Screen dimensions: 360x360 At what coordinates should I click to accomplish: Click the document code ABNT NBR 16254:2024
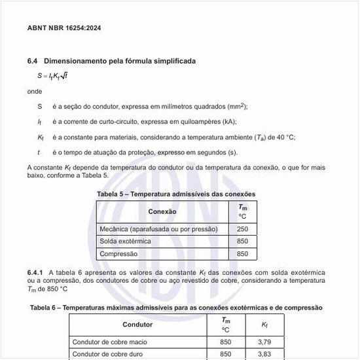tap(64, 28)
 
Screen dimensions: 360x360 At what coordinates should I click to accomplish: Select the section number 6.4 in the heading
tap(33, 61)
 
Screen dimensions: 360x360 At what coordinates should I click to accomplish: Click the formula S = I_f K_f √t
tap(52, 76)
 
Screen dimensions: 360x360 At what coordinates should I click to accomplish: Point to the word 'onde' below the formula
tap(34, 92)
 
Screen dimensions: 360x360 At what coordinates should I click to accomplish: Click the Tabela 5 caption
tap(176, 194)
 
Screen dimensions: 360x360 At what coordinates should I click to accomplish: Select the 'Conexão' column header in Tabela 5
tap(162, 212)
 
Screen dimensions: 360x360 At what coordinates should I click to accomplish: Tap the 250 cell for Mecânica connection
tap(242, 230)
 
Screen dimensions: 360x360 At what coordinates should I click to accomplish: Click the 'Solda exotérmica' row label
tap(125, 242)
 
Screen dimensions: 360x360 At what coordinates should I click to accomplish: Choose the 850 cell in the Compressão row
tap(242, 254)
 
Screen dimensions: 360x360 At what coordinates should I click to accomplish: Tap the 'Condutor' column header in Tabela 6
tap(137, 325)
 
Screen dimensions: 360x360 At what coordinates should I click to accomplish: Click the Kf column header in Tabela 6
tap(264, 325)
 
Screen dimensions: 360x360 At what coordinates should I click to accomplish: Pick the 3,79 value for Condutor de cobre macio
tap(264, 342)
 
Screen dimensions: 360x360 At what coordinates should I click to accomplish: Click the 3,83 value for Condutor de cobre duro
tap(264, 354)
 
